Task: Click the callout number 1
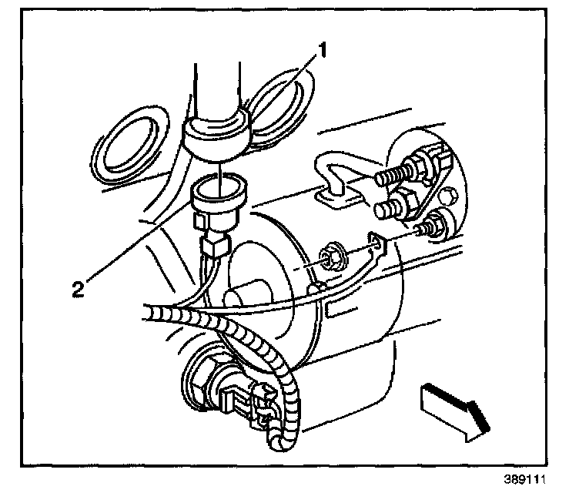(x=324, y=52)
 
